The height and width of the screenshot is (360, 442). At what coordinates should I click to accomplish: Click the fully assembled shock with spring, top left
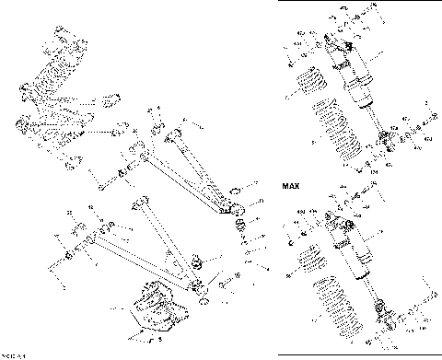tap(55, 92)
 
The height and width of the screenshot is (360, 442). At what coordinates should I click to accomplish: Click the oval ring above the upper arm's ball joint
tap(234, 192)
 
